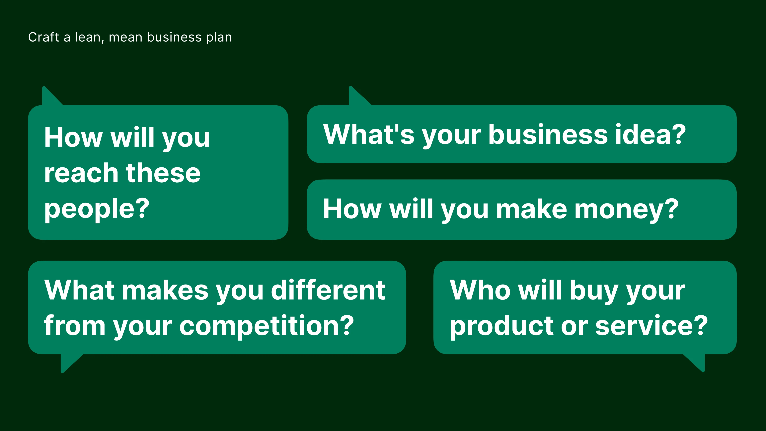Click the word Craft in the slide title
tap(44, 37)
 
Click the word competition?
tap(267, 326)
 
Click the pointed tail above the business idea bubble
tap(359, 96)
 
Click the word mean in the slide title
tap(125, 38)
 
